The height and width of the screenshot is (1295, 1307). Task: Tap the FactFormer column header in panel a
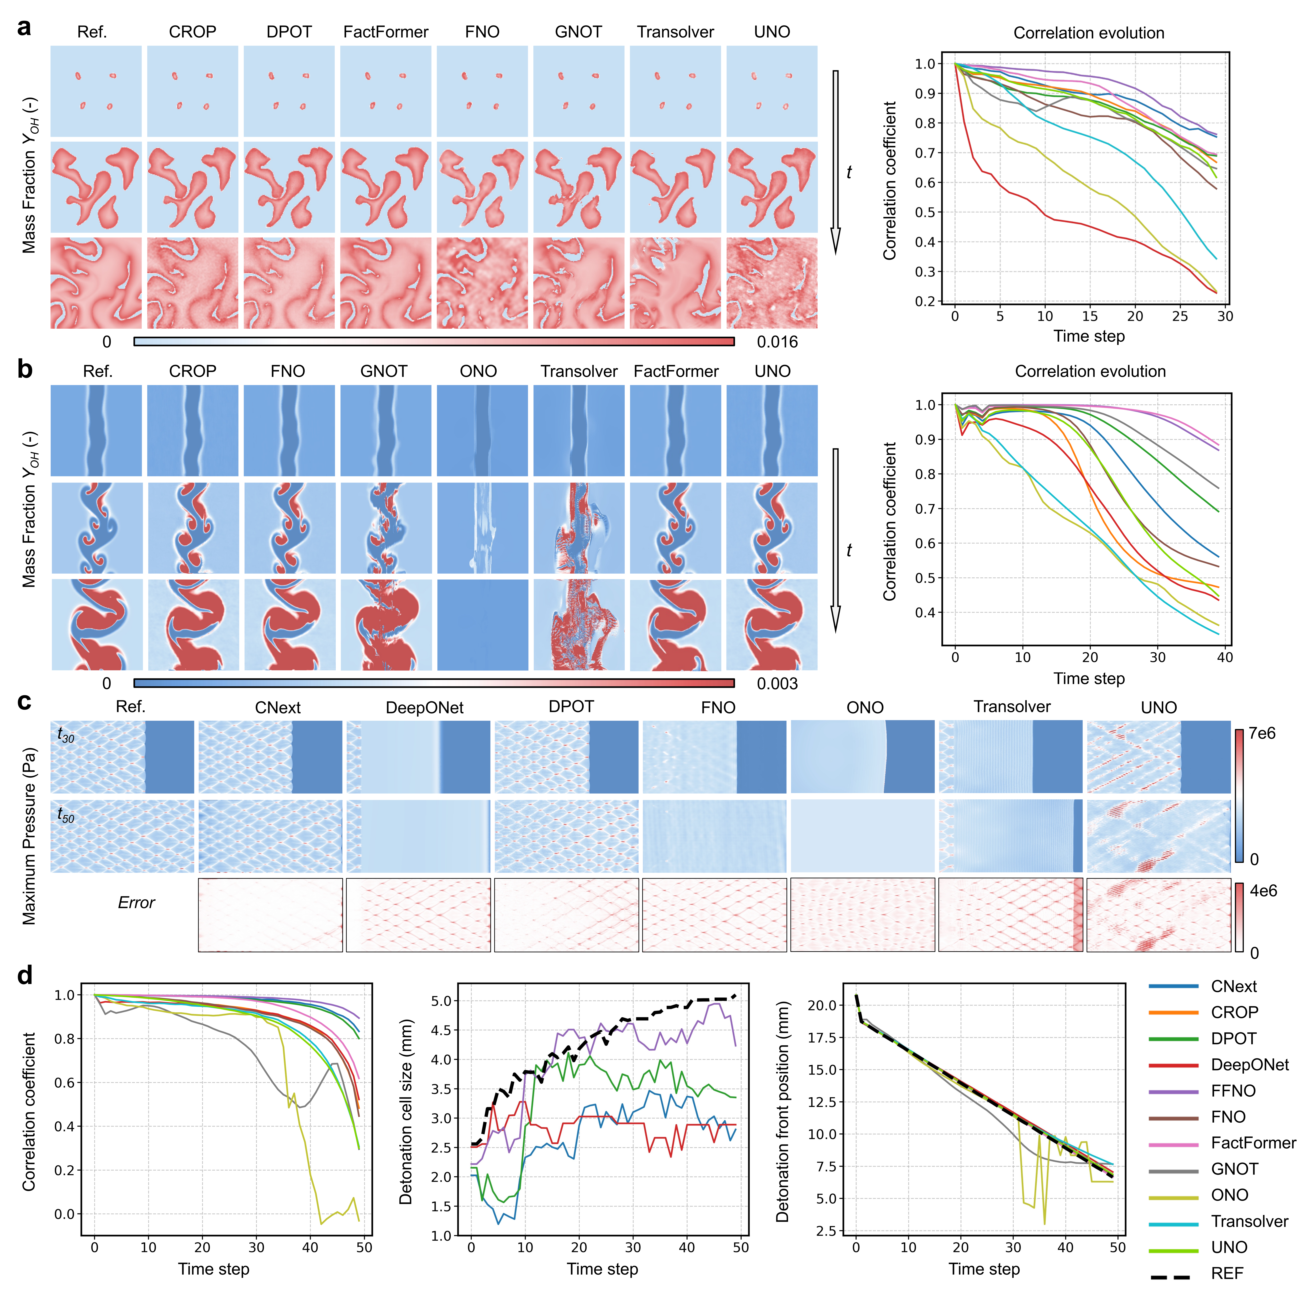pyautogui.click(x=386, y=32)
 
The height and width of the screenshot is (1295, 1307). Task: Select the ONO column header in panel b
pyautogui.click(x=478, y=371)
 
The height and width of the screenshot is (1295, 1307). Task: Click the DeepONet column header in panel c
pyautogui.click(x=424, y=708)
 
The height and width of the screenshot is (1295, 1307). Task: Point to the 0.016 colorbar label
pyautogui.click(x=777, y=342)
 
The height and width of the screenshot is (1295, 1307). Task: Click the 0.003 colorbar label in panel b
pyautogui.click(x=777, y=683)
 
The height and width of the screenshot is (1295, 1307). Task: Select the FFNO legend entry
pyautogui.click(x=1233, y=1091)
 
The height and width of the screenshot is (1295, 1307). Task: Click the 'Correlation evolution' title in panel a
pyautogui.click(x=1088, y=33)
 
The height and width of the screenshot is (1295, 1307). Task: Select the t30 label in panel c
pyautogui.click(x=66, y=736)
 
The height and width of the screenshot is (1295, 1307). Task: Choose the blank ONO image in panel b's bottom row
pyautogui.click(x=482, y=625)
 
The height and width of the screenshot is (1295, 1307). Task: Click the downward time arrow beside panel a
pyautogui.click(x=835, y=162)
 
